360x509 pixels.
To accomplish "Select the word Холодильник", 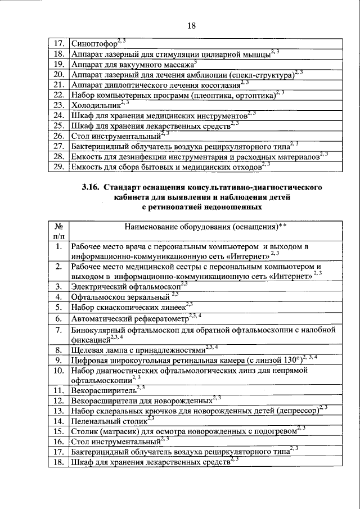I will click(x=95, y=105).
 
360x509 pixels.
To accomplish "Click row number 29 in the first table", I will click(x=56, y=166).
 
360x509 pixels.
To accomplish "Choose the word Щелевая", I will click(x=89, y=349).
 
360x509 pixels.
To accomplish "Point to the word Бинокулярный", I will click(x=98, y=330).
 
